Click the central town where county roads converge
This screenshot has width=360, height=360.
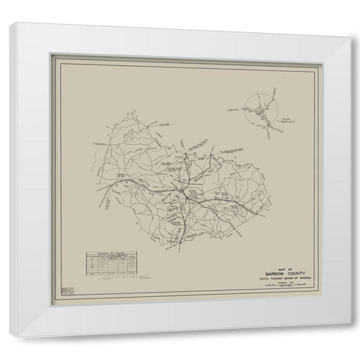[182, 196]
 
